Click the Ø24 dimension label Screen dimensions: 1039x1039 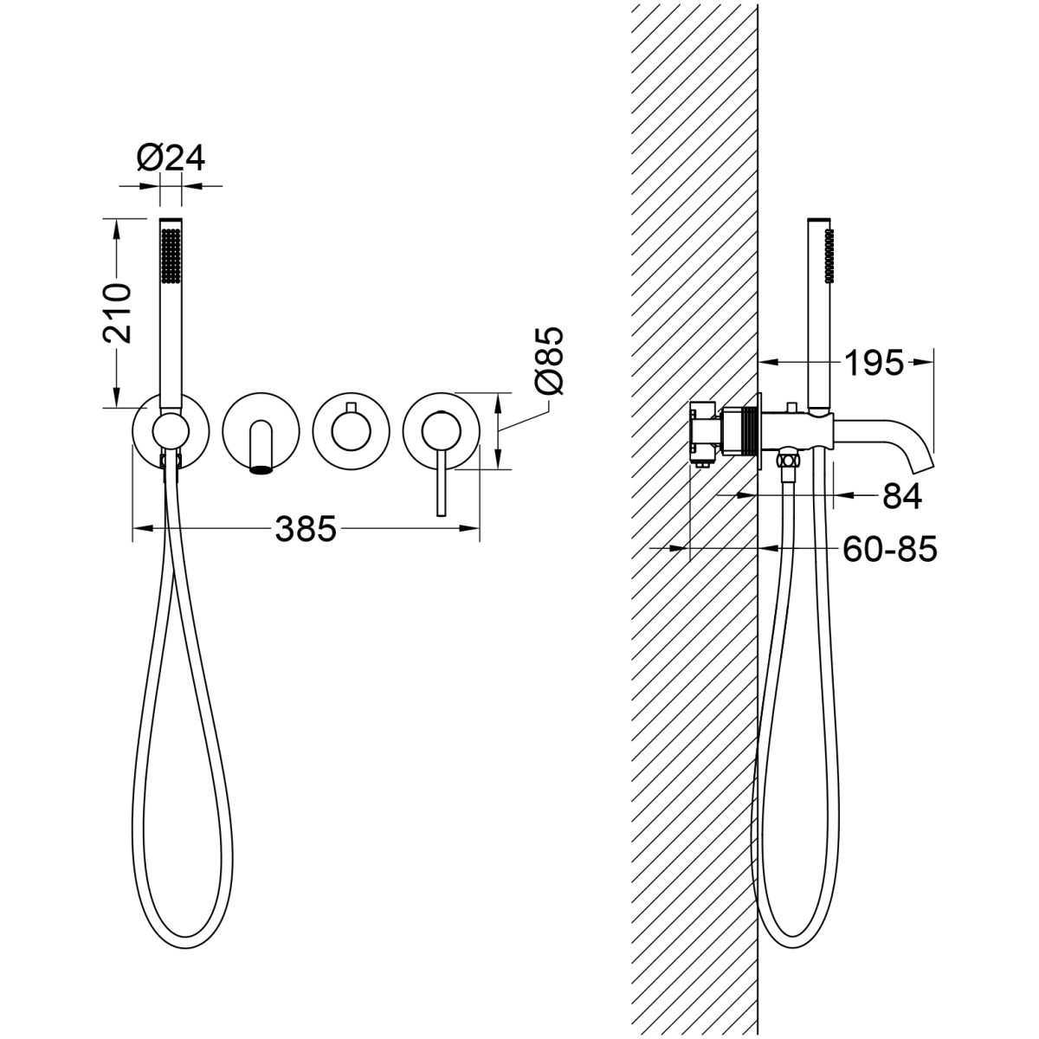171,158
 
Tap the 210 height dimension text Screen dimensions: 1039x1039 117,313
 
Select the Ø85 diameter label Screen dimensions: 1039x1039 548,361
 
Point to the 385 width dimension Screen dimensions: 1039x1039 306,528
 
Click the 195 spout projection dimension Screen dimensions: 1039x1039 873,363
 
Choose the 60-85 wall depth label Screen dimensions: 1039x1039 890,550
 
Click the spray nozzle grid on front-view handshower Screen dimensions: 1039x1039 171,255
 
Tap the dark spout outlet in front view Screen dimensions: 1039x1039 261,469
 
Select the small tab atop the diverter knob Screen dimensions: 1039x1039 351,407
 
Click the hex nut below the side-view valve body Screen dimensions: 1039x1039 788,460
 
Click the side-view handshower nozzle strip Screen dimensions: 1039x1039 830,255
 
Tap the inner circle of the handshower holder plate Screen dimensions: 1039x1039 171,431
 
